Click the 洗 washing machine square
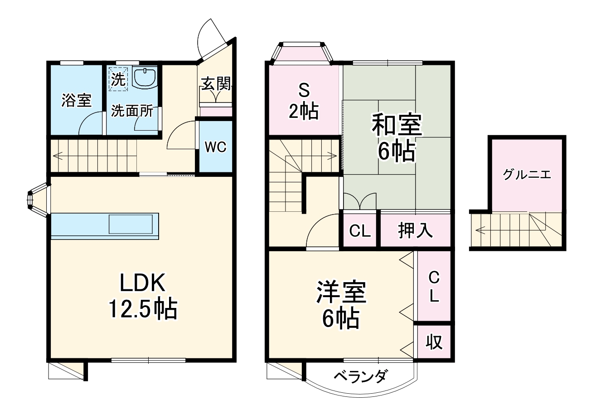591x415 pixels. click(x=118, y=80)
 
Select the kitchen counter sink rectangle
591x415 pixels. click(x=131, y=224)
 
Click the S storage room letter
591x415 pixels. click(x=304, y=91)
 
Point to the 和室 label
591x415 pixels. click(x=397, y=126)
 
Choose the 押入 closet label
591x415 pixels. click(x=415, y=231)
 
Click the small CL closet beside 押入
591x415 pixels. click(x=360, y=231)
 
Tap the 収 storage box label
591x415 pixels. click(x=434, y=342)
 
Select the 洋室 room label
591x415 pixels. click(x=341, y=293)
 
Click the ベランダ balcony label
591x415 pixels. click(x=361, y=376)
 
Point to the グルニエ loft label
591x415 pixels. click(x=527, y=174)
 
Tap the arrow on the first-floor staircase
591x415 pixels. click(x=58, y=156)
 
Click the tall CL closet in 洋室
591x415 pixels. click(x=434, y=286)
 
